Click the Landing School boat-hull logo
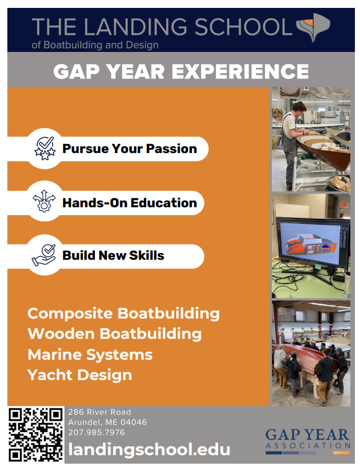pyautogui.click(x=313, y=27)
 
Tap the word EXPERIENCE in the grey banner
pyautogui.click(x=240, y=72)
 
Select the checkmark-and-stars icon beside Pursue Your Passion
pyautogui.click(x=45, y=149)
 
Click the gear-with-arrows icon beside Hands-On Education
pyautogui.click(x=44, y=201)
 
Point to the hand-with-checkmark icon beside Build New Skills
pyautogui.click(x=44, y=255)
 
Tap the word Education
pyautogui.click(x=164, y=203)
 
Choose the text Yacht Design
pyautogui.click(x=80, y=376)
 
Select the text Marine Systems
pyautogui.click(x=90, y=355)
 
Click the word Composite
pyautogui.click(x=70, y=313)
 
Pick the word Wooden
pyautogui.click(x=61, y=334)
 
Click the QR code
pyautogui.click(x=36, y=435)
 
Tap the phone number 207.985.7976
pyautogui.click(x=96, y=433)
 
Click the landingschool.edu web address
pyautogui.click(x=149, y=450)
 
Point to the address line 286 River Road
pyautogui.click(x=99, y=412)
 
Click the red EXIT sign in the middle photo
pyautogui.click(x=344, y=204)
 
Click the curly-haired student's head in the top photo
pyautogui.click(x=300, y=107)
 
